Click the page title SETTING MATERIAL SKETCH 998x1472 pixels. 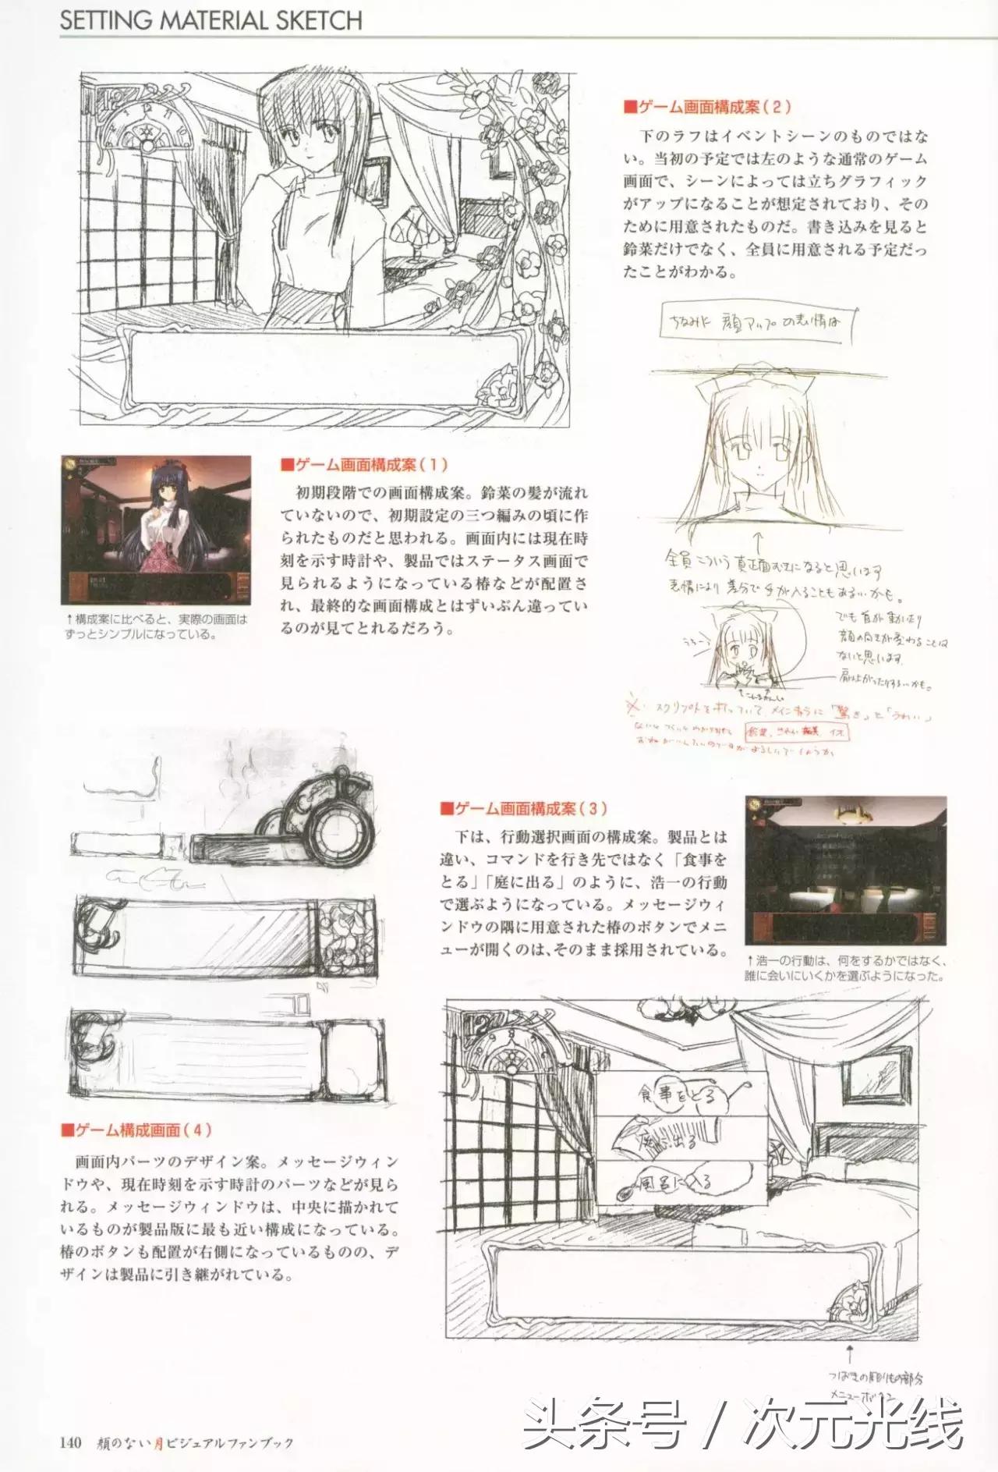[x=211, y=20]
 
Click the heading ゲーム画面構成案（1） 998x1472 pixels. [x=365, y=465]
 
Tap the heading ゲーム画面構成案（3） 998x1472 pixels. [x=523, y=809]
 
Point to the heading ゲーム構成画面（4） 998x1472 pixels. [x=136, y=1130]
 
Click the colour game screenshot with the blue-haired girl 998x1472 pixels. [x=156, y=530]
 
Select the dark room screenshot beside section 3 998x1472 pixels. [x=846, y=869]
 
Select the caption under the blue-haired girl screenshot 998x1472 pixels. [x=156, y=626]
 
